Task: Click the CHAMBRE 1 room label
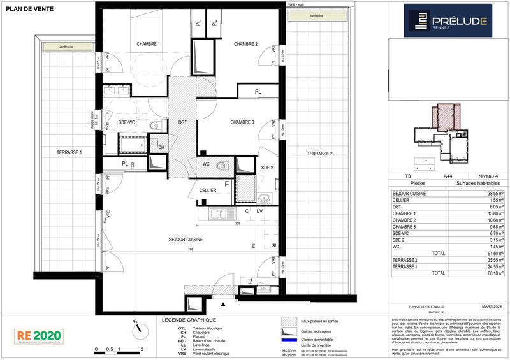[x=148, y=44]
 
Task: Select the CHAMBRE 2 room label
[x=245, y=44]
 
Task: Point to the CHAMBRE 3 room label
[x=242, y=122]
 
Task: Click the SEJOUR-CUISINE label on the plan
[x=186, y=238]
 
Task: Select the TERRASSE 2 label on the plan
[x=319, y=154]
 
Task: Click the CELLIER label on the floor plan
[x=208, y=190]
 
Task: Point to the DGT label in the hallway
[x=182, y=122]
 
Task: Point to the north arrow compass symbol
[x=136, y=329]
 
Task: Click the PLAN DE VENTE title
[x=26, y=8]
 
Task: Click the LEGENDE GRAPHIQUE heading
[x=189, y=320]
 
